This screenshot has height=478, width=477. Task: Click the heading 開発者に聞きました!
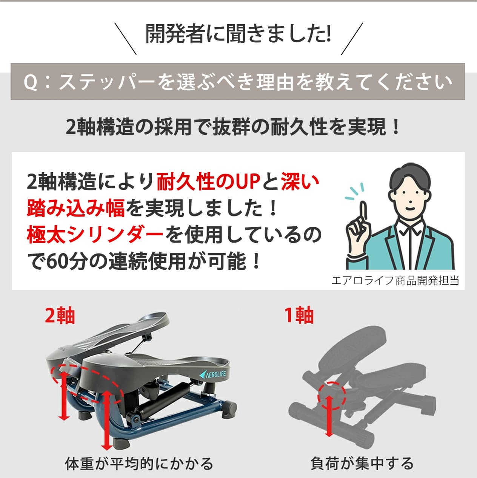point(238,34)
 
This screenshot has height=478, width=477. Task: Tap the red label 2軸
point(60,316)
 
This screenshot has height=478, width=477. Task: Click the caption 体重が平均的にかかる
point(139,463)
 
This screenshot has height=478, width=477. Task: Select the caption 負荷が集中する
point(362,463)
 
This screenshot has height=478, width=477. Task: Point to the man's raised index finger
point(363,212)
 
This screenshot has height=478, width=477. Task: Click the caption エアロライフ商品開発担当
point(395,280)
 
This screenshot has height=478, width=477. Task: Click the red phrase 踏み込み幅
point(75,208)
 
